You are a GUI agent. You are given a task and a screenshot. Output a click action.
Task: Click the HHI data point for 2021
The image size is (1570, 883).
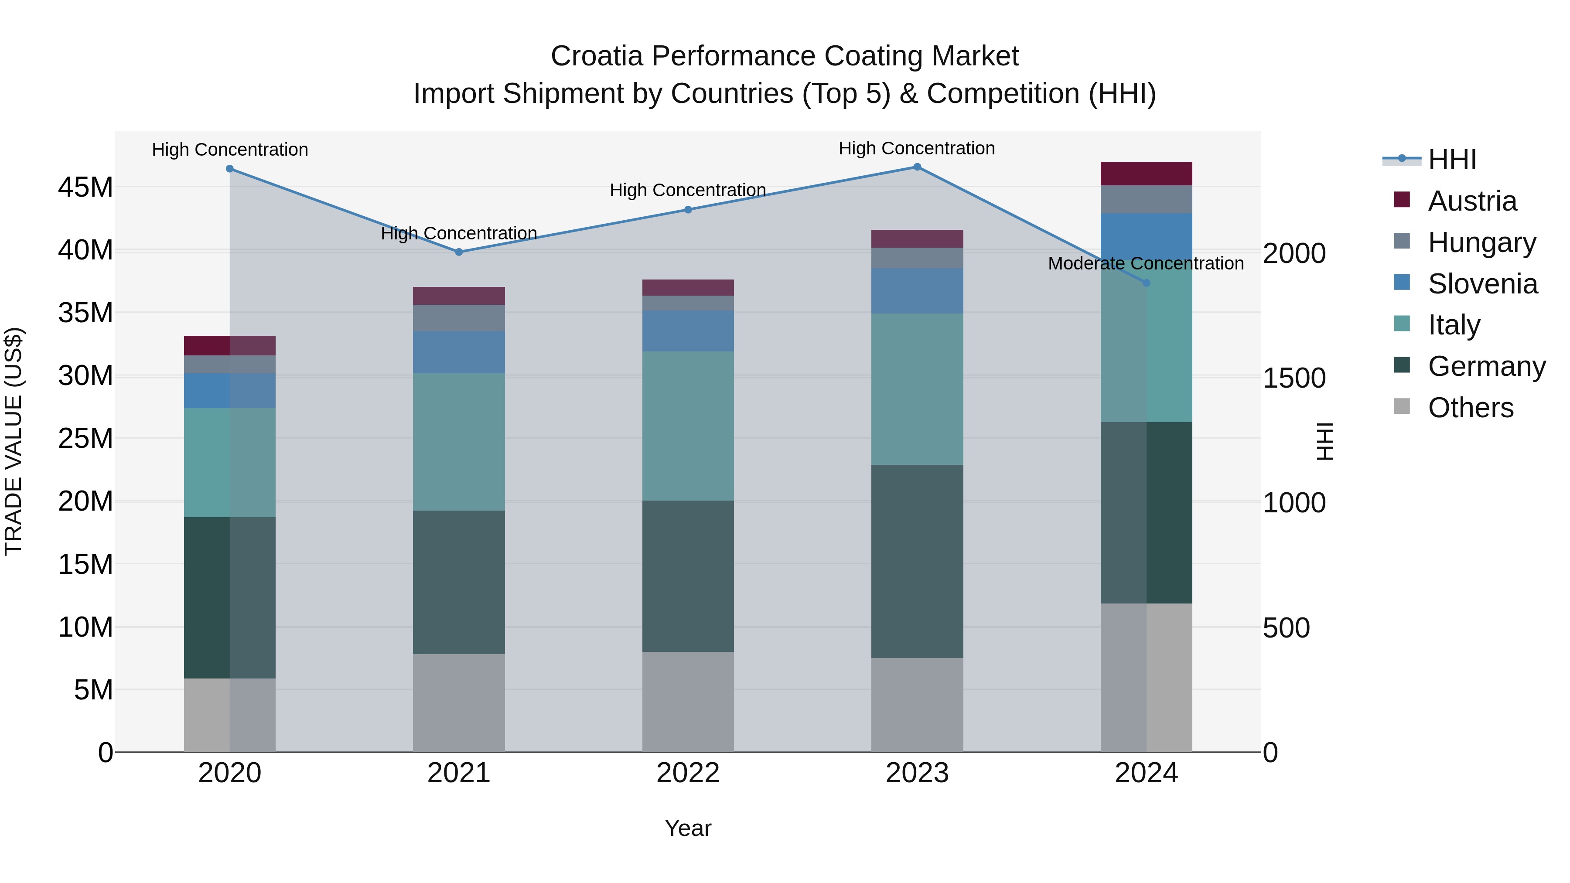click(459, 252)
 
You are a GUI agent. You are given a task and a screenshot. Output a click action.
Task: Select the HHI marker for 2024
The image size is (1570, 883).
click(1146, 283)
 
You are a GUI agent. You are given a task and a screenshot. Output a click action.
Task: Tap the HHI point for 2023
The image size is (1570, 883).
click(917, 167)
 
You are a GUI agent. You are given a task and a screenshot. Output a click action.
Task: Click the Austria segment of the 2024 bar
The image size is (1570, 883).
click(1146, 174)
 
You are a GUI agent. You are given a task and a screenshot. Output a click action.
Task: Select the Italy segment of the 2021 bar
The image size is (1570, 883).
click(459, 442)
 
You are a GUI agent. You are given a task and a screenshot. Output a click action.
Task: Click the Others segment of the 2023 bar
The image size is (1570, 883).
click(917, 705)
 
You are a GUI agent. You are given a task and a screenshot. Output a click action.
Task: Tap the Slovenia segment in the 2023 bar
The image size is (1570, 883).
click(917, 291)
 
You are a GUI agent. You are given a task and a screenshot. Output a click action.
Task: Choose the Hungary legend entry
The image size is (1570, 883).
click(1481, 242)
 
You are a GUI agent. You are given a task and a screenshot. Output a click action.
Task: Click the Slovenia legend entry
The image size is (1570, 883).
click(1482, 284)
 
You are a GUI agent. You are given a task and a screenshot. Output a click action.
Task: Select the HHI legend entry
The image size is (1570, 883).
click(1452, 160)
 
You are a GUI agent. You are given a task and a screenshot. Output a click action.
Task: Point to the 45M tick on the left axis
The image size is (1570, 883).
click(85, 187)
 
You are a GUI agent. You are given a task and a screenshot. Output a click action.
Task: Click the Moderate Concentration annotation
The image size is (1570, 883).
click(1145, 263)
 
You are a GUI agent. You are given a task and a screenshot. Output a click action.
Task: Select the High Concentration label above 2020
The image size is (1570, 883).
click(230, 149)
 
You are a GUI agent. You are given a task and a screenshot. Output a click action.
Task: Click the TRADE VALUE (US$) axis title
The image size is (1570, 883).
click(14, 441)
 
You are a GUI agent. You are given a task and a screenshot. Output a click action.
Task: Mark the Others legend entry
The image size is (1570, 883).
click(1470, 408)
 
